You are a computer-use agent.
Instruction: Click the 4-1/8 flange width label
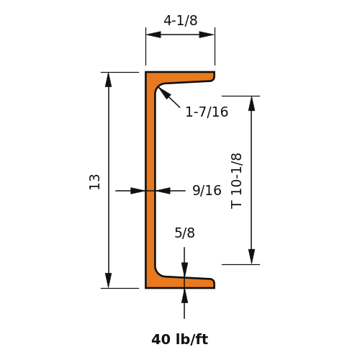pos(181,20)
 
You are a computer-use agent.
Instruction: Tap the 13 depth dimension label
pos(94,182)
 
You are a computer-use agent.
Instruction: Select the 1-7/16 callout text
pos(207,112)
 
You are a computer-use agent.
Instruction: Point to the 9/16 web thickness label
pos(207,190)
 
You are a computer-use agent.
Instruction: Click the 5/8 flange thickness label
pos(184,233)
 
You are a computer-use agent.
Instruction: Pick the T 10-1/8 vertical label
pos(236,181)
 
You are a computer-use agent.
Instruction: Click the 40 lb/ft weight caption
pos(180,339)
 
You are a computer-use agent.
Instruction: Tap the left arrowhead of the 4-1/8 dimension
pos(153,35)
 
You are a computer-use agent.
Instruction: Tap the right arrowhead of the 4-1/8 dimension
pos(207,35)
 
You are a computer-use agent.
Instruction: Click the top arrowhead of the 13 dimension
pos(109,80)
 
